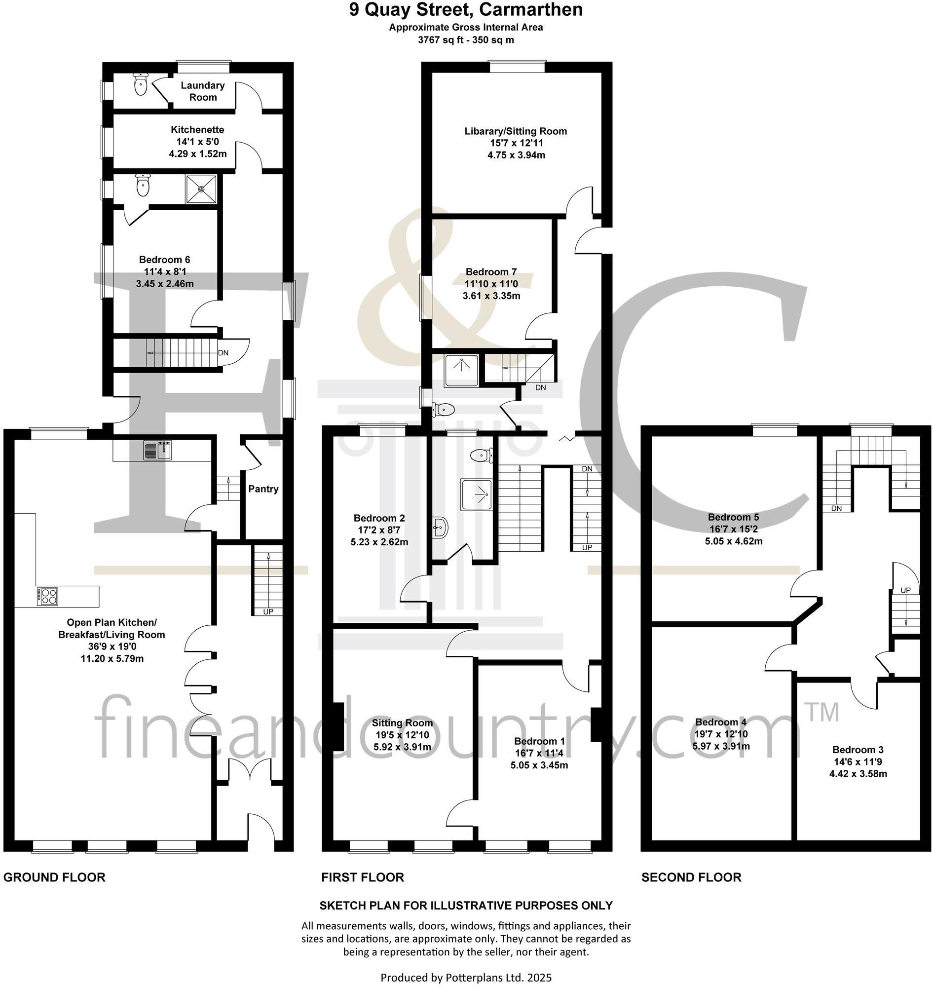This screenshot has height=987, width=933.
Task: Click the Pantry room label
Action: pyautogui.click(x=263, y=489)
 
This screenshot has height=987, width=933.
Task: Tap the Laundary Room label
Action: pyautogui.click(x=202, y=91)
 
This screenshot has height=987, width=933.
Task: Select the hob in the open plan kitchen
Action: pyautogui.click(x=47, y=596)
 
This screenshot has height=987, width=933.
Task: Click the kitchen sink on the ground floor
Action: pyautogui.click(x=158, y=450)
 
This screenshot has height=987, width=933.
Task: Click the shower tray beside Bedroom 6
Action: pyautogui.click(x=201, y=189)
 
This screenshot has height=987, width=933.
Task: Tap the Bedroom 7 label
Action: pyautogui.click(x=491, y=271)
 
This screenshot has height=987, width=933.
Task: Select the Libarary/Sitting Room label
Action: pyautogui.click(x=516, y=131)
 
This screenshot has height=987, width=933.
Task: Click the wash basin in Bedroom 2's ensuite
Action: pyautogui.click(x=440, y=526)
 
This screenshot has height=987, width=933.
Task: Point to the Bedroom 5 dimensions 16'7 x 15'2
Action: pyautogui.click(x=733, y=529)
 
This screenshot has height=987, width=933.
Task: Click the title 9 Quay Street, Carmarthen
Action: pyautogui.click(x=465, y=10)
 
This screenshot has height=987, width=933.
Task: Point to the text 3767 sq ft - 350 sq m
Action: pyautogui.click(x=465, y=40)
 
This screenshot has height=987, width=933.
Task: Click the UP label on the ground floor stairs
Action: pyautogui.click(x=267, y=611)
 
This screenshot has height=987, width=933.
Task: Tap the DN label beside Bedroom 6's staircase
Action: pyautogui.click(x=224, y=353)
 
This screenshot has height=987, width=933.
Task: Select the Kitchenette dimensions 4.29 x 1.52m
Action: pyautogui.click(x=197, y=153)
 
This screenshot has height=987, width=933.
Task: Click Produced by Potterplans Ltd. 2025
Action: pyautogui.click(x=465, y=978)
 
